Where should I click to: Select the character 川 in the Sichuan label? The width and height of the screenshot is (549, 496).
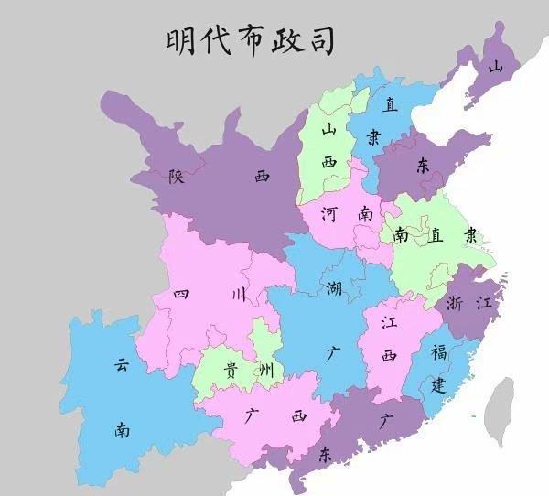coord(237,295)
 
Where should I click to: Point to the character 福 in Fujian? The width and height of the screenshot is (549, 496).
coord(439,352)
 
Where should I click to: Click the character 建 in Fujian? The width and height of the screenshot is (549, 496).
coord(440,384)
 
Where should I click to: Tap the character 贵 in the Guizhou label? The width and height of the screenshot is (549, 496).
coord(231,369)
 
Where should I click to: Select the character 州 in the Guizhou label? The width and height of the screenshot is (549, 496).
coord(264,369)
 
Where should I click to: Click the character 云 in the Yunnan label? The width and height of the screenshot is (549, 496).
coord(122,365)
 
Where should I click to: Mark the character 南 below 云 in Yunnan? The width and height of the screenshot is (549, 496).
coord(122,428)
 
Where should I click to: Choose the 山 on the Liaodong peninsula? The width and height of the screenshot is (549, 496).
coord(495,67)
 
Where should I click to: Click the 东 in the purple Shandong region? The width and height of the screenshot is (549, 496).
coord(423,166)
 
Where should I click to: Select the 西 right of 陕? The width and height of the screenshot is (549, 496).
coord(263,176)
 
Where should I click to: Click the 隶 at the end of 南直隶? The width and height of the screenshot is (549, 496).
coord(469,235)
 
